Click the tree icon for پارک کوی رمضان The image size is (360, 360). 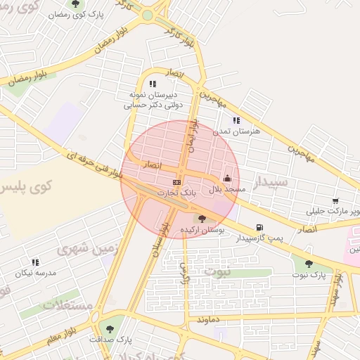pos(75,4)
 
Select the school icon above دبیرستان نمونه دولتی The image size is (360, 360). pos(153,84)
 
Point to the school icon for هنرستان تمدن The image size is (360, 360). pos(236,120)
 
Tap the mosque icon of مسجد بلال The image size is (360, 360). pos(227,179)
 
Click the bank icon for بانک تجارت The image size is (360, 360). pos(176,182)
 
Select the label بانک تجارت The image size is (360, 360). pos(176,192)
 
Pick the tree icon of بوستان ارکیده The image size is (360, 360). pos(202,219)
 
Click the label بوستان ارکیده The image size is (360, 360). pos(202,230)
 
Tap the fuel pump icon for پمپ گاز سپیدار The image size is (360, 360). pos(261,227)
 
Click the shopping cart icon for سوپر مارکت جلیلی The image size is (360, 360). pos(335,200)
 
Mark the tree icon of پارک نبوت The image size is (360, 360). pos(309,264)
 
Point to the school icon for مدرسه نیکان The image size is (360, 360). pos(35,262)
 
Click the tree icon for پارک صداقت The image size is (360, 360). pos(109,328)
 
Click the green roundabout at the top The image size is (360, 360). pos(147,15)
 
